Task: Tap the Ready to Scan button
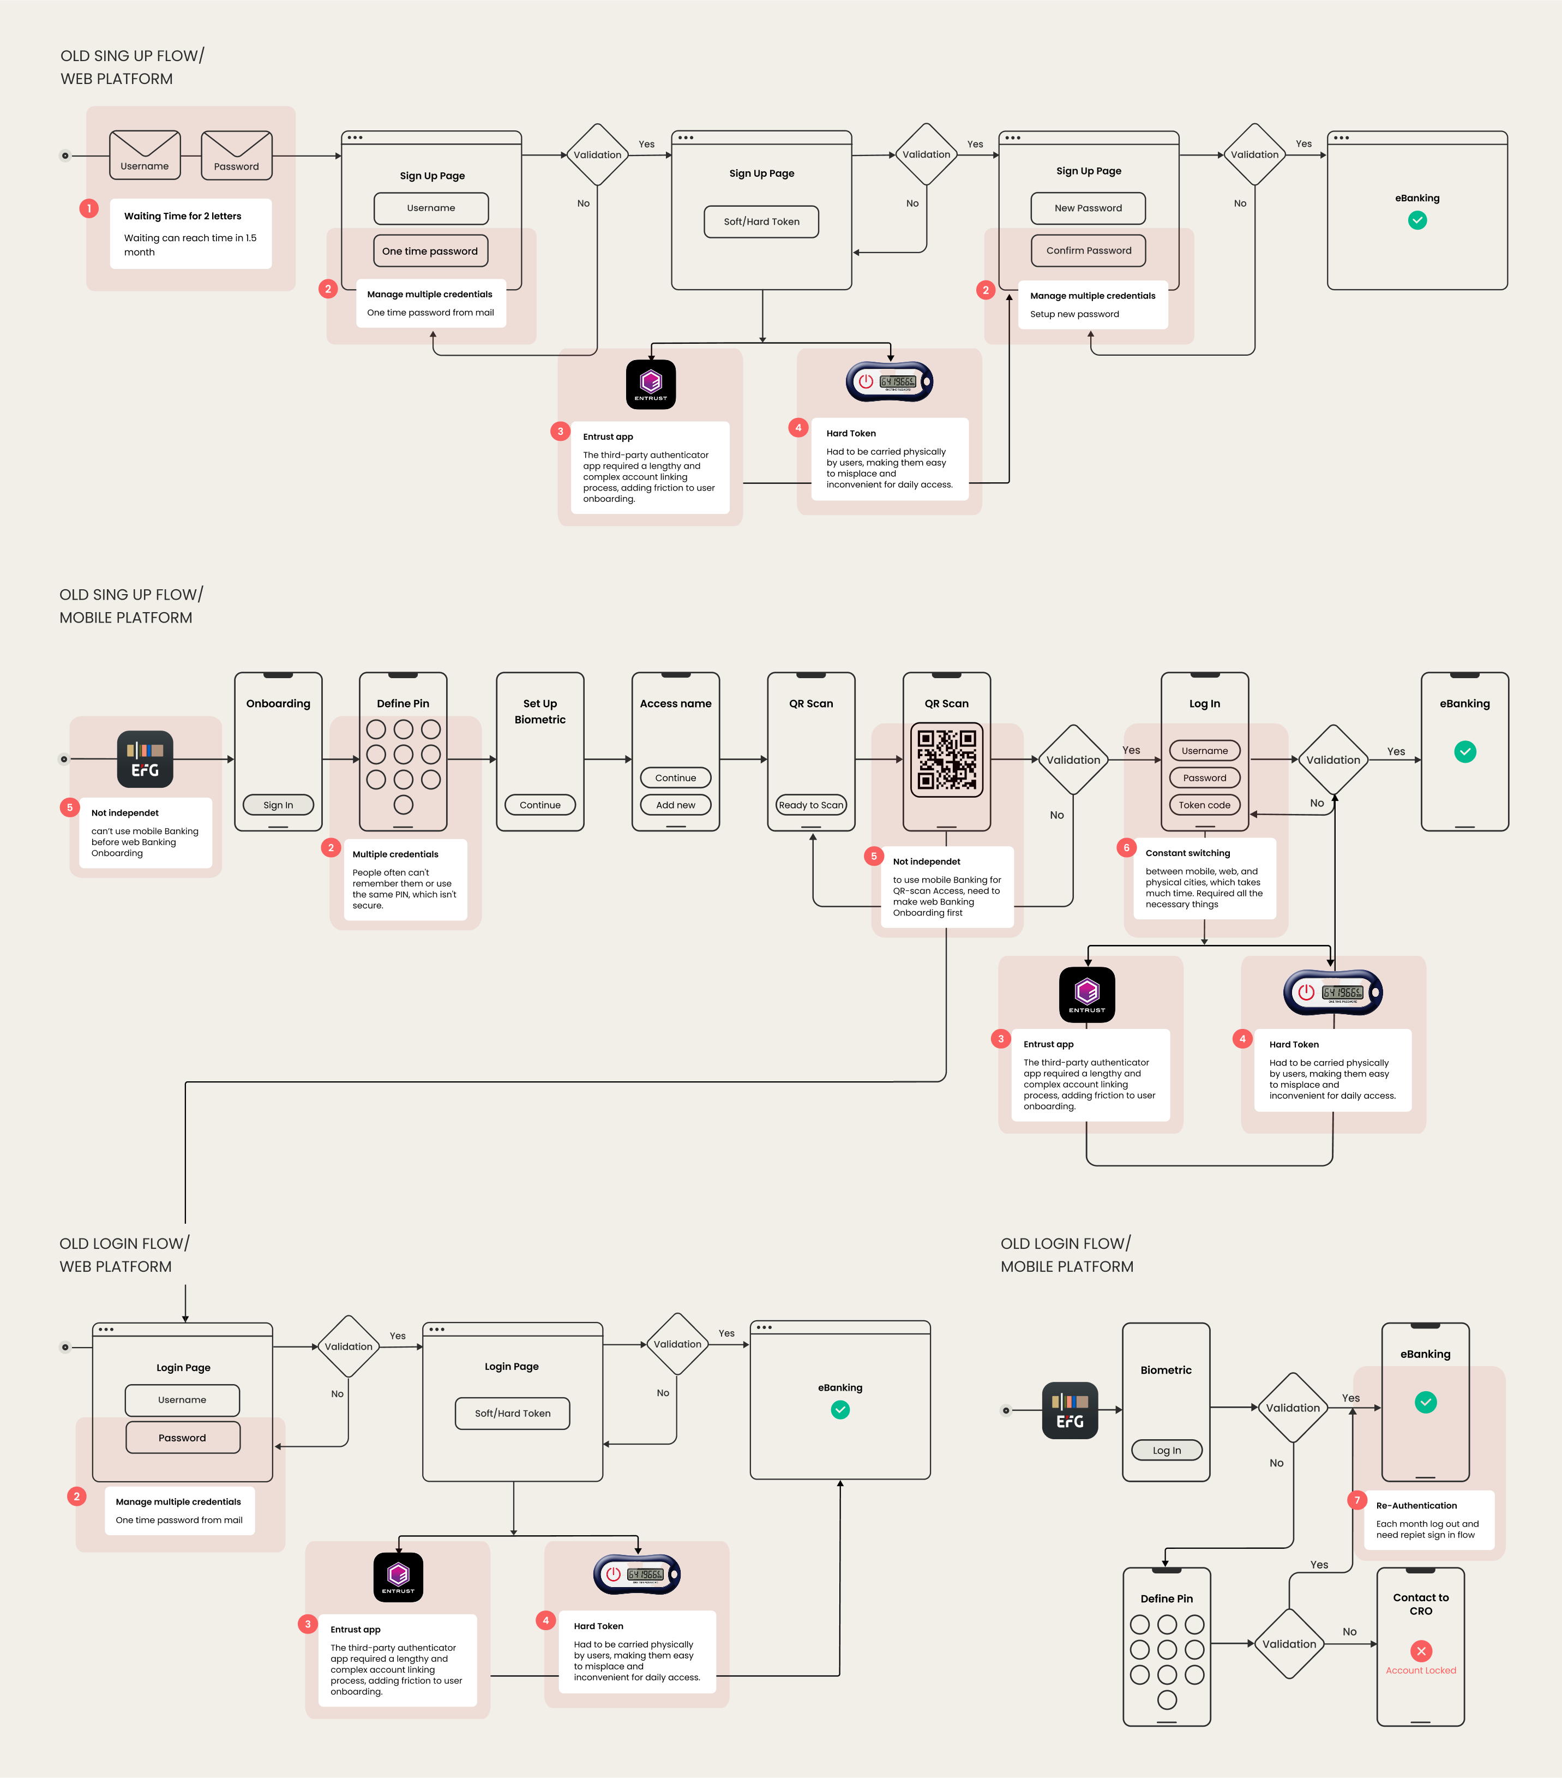click(x=810, y=805)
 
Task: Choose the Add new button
click(x=676, y=805)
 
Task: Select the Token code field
click(x=1205, y=805)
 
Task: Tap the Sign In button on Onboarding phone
click(x=278, y=805)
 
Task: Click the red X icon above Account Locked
click(x=1421, y=1651)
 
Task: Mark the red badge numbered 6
click(x=1126, y=847)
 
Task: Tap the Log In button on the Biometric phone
click(x=1166, y=1450)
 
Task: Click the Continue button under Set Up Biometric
click(x=540, y=805)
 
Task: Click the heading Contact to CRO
click(x=1421, y=1604)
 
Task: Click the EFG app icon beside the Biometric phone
click(x=1070, y=1410)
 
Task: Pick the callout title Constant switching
click(x=1187, y=853)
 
